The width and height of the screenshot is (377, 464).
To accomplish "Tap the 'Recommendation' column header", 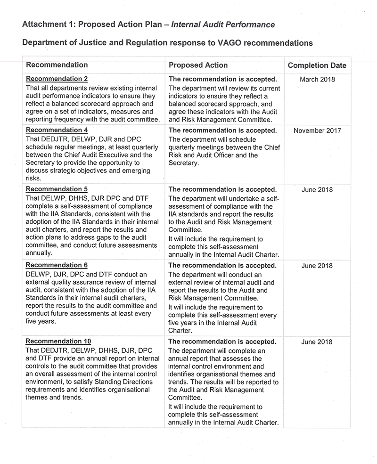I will click(57, 65).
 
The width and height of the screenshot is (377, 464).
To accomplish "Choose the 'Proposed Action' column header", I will click(198, 65).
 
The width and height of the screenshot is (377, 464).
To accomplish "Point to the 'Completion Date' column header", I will click(317, 65).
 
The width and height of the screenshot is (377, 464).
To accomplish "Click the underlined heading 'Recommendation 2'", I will click(57, 79).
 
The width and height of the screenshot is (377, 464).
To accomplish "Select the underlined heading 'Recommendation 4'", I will click(57, 130).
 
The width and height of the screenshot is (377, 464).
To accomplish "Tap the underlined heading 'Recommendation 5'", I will click(57, 189).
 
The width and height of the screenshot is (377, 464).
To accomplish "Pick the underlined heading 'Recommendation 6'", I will click(57, 266).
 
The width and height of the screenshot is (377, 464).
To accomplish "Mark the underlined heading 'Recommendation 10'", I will click(58, 342).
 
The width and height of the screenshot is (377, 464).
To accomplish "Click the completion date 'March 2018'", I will click(317, 80).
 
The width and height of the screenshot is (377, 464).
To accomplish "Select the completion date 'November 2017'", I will click(317, 130).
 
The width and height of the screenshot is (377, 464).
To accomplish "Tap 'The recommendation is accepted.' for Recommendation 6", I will click(222, 266).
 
